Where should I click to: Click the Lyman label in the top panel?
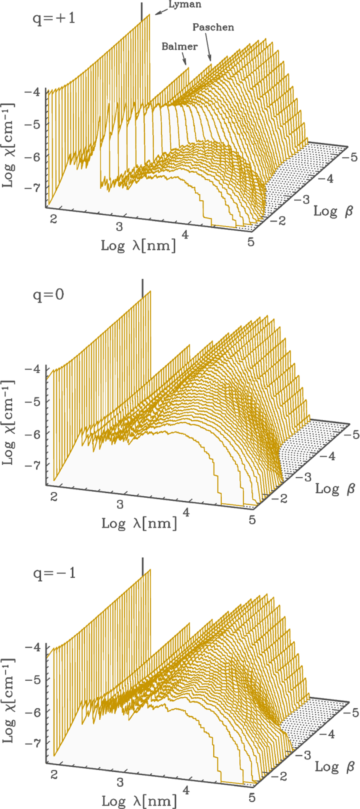click(185, 5)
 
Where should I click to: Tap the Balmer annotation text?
click(179, 47)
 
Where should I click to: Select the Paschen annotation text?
click(213, 27)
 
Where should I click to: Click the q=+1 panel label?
click(54, 18)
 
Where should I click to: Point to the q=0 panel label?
click(48, 295)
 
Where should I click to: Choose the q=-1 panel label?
click(54, 573)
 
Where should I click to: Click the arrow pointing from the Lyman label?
click(162, 12)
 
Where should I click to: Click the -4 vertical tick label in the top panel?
click(32, 92)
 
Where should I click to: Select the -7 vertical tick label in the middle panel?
click(32, 465)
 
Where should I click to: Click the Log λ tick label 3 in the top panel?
click(119, 226)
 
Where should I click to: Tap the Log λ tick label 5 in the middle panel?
click(252, 520)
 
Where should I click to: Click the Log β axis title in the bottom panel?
click(334, 767)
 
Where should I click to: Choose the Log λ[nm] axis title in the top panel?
click(138, 245)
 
